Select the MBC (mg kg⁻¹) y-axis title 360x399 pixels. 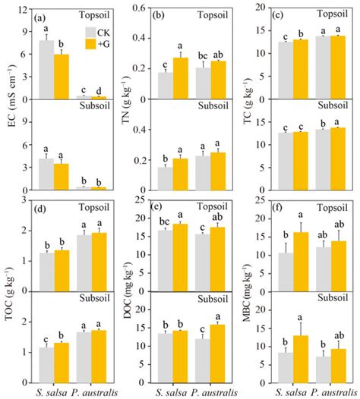[247, 297]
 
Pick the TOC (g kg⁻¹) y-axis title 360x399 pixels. [9, 297]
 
